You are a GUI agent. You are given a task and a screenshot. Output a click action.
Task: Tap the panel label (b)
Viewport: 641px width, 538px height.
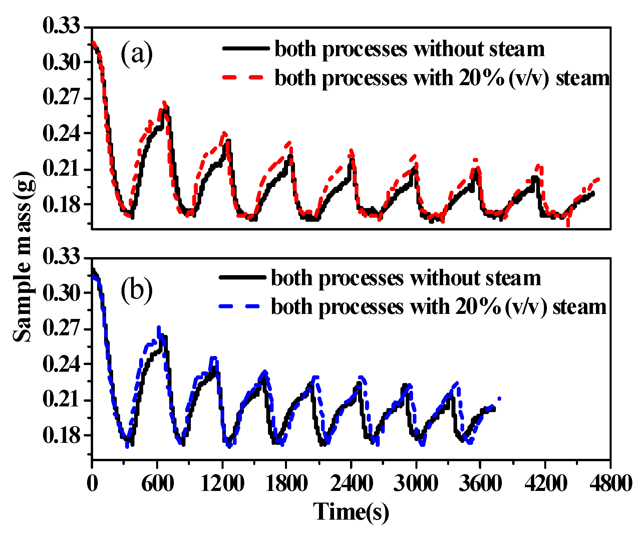click(x=136, y=289)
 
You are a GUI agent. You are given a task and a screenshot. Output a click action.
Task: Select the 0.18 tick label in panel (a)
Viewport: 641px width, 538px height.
click(x=62, y=204)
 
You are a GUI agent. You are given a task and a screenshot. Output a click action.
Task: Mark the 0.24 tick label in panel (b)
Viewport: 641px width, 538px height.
click(x=62, y=364)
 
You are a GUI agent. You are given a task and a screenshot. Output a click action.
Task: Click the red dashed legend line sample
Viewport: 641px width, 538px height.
click(x=243, y=77)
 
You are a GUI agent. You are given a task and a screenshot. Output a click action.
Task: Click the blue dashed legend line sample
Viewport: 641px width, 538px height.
click(x=239, y=306)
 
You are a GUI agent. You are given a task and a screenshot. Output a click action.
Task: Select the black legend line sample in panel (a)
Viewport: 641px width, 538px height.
click(x=246, y=48)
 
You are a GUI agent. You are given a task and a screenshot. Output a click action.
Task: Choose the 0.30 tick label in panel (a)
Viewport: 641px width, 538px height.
click(x=62, y=62)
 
